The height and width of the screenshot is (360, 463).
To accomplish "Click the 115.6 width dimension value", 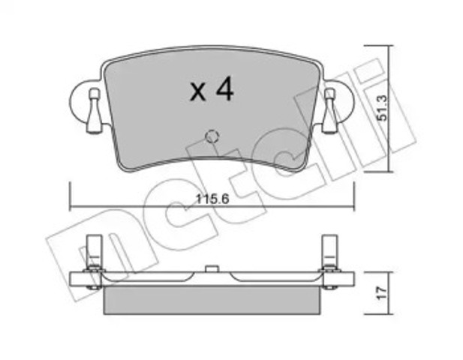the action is coord(212,199).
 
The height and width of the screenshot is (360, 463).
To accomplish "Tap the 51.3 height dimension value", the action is coord(383,108).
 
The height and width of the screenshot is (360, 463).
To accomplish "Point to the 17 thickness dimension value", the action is coord(382,292).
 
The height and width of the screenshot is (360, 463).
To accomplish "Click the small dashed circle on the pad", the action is coord(212,136).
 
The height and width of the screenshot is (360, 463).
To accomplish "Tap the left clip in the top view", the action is coord(94,110).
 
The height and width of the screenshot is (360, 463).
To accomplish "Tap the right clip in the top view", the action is coord(330,110).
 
